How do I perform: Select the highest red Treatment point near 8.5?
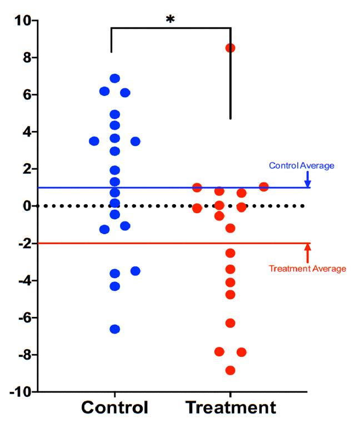tap(230, 48)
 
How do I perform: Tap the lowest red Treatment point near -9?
tap(230, 370)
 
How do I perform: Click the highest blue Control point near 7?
tap(115, 78)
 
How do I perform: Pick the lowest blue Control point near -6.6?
tap(115, 329)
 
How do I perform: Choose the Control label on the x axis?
tap(115, 408)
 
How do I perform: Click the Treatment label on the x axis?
tap(231, 408)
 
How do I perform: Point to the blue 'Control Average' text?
tap(302, 165)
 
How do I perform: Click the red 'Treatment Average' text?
tap(307, 269)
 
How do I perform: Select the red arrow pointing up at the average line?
tap(307, 253)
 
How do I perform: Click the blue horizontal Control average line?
tap(167, 188)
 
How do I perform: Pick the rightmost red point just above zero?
tap(264, 187)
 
